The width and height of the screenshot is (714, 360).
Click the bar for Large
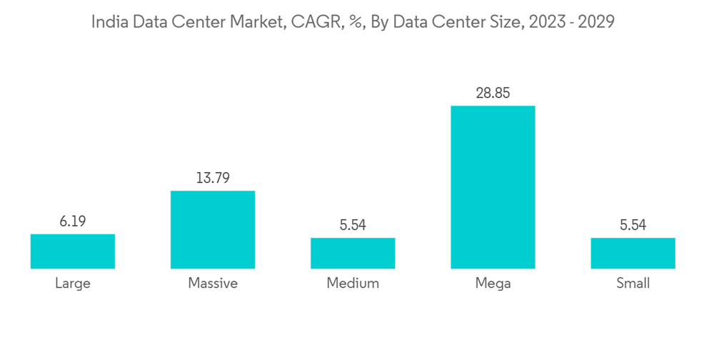click(x=73, y=251)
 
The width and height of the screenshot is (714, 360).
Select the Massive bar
click(x=213, y=230)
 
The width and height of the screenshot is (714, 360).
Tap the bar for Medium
click(x=353, y=254)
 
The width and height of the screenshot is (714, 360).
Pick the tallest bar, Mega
click(x=493, y=187)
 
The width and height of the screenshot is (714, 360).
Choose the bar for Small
click(x=633, y=254)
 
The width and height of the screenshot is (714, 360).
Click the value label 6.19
click(x=73, y=221)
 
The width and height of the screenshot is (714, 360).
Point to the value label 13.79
click(x=213, y=179)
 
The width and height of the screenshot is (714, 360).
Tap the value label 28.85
click(x=493, y=94)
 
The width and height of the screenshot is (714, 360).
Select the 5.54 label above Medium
click(x=353, y=226)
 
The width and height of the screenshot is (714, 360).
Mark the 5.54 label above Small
click(x=633, y=226)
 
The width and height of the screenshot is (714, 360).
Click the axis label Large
click(x=73, y=284)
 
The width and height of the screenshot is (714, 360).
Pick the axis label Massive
click(x=213, y=284)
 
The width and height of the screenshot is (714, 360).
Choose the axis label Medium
click(x=353, y=284)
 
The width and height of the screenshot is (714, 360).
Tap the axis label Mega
click(x=493, y=284)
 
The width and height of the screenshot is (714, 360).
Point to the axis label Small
click(x=633, y=284)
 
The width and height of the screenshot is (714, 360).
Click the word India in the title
click(x=106, y=22)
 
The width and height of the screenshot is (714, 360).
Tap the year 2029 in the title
click(x=595, y=22)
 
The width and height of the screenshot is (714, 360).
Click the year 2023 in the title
click(x=546, y=22)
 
